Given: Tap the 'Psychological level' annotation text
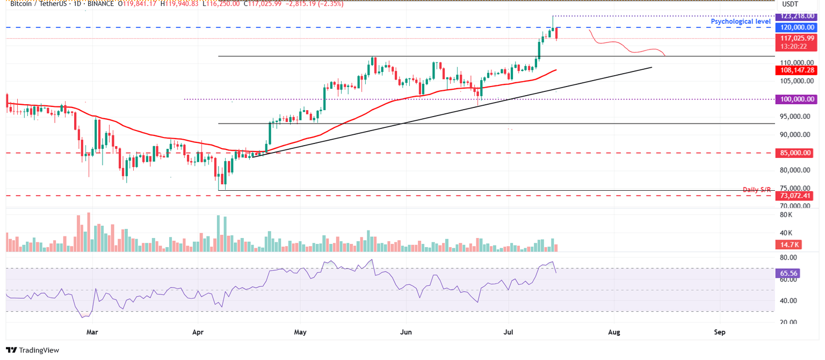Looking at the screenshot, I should [x=741, y=21].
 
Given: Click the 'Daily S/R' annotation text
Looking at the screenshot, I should [x=757, y=190].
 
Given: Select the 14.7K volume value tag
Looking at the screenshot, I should [x=790, y=245].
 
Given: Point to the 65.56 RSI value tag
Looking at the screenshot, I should [x=790, y=273].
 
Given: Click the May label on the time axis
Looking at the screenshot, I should [x=300, y=333].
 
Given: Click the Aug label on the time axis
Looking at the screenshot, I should [x=614, y=333].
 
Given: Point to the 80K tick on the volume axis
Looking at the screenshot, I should [x=786, y=215].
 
